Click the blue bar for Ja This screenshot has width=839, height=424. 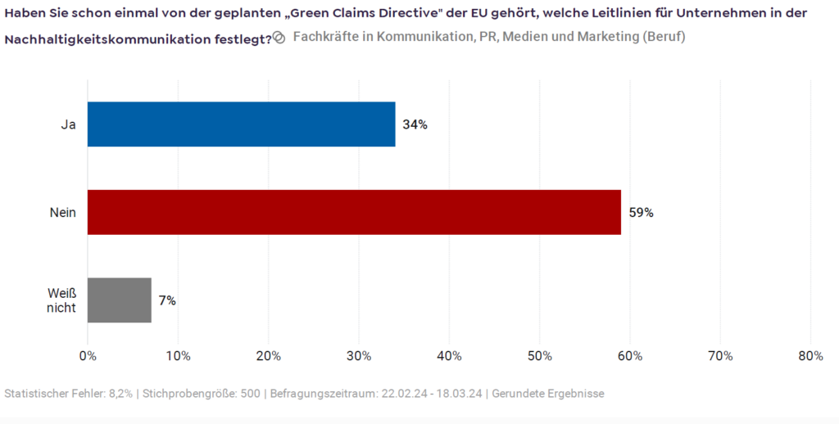pyautogui.click(x=241, y=124)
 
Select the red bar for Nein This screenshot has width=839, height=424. pyautogui.click(x=354, y=212)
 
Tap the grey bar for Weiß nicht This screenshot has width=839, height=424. pyautogui.click(x=120, y=300)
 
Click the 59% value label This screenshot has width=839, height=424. pyautogui.click(x=641, y=213)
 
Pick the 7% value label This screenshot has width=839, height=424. pyautogui.click(x=167, y=300)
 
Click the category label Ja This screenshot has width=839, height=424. pyautogui.click(x=68, y=124)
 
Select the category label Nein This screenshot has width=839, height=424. pyautogui.click(x=63, y=213)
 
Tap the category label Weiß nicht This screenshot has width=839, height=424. pyautogui.click(x=62, y=300)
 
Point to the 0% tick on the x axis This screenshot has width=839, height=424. pyautogui.click(x=88, y=356)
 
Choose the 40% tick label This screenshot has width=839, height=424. pyautogui.click(x=449, y=356)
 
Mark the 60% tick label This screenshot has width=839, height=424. pyautogui.click(x=629, y=356)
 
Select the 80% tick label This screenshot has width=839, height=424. pyautogui.click(x=810, y=356)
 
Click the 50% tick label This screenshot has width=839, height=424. pyautogui.click(x=539, y=356)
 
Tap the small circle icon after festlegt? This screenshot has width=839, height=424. pyautogui.click(x=279, y=38)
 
